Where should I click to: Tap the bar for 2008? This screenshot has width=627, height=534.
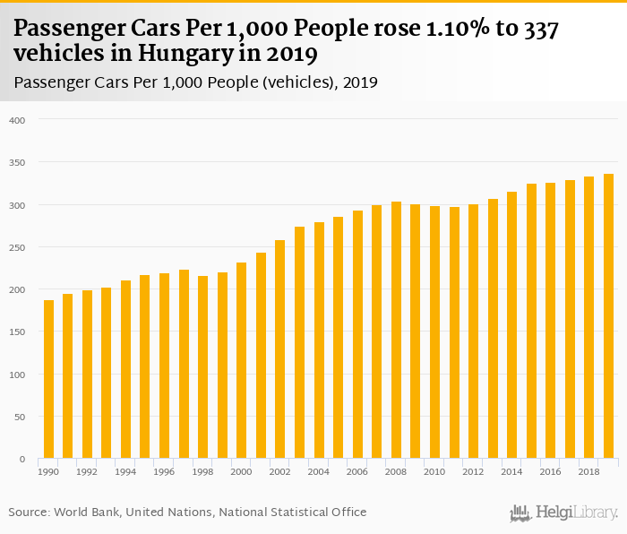[x=396, y=331]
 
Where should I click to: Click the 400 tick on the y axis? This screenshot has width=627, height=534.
[x=19, y=120]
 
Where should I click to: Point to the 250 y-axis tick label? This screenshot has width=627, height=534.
[x=19, y=247]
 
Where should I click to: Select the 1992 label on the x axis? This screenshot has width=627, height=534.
[x=87, y=470]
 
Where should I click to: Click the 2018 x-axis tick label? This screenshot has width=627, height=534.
[x=589, y=470]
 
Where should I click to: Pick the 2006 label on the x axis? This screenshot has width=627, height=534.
[x=357, y=470]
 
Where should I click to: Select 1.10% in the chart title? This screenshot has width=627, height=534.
[x=448, y=30]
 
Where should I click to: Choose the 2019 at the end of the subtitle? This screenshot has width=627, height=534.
[x=359, y=82]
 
